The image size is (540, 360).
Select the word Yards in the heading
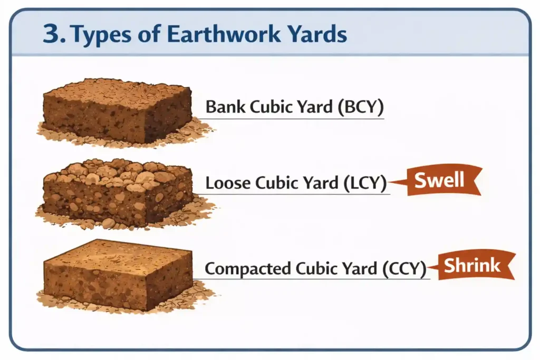(317, 34)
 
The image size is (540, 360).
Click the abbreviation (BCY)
(361, 106)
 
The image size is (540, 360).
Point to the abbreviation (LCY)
(365, 182)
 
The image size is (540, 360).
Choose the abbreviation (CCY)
(404, 268)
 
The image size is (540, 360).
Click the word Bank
(226, 106)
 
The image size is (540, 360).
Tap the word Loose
(228, 182)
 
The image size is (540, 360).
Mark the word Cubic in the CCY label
(317, 268)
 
